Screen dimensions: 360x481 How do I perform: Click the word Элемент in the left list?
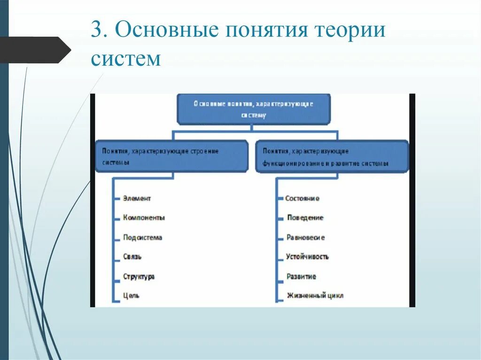(137, 199)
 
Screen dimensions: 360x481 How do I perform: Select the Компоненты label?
(144, 218)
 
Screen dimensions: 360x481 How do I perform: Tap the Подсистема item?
(142, 237)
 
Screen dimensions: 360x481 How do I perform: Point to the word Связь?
(132, 257)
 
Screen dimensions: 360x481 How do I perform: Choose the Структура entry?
(139, 276)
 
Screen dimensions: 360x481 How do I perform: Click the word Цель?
(131, 296)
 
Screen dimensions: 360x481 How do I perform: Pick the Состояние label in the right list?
(303, 199)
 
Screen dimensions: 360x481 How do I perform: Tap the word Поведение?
(305, 218)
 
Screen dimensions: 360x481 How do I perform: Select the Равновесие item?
(306, 237)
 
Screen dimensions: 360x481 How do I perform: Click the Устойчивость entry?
(308, 257)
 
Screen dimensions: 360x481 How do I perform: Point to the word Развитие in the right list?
(302, 276)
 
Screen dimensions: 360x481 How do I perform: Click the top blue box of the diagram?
(254, 108)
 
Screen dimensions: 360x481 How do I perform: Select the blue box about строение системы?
(171, 156)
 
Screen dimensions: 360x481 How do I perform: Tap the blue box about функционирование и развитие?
(332, 156)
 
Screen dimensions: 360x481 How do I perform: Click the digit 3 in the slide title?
(96, 31)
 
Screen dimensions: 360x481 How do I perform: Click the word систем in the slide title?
(126, 59)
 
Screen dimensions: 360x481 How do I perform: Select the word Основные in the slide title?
(167, 31)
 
